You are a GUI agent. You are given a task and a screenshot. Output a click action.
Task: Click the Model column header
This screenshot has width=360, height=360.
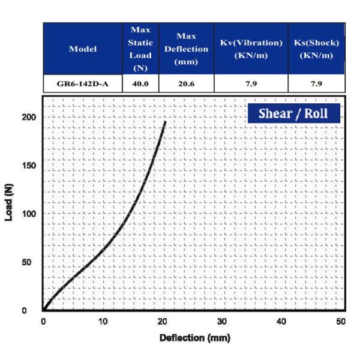click(x=83, y=49)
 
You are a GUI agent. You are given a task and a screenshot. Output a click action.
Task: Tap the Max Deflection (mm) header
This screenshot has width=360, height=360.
click(x=186, y=49)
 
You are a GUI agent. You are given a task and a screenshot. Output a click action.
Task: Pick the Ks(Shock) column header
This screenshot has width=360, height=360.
click(x=316, y=49)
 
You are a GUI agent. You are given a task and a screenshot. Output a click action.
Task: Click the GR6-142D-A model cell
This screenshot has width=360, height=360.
click(x=83, y=83)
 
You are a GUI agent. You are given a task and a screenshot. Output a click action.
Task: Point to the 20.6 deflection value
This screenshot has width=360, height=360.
click(x=186, y=83)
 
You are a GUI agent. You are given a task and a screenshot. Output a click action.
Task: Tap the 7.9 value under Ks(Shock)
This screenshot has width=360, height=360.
click(x=316, y=83)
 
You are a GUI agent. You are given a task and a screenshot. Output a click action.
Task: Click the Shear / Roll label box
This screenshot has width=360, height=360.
click(x=293, y=113)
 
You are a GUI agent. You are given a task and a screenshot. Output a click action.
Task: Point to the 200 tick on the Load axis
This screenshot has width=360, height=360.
click(x=28, y=117)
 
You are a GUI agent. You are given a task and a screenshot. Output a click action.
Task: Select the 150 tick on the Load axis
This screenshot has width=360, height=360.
click(x=28, y=165)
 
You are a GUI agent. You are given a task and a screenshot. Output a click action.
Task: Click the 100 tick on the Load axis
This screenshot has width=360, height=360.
click(x=28, y=214)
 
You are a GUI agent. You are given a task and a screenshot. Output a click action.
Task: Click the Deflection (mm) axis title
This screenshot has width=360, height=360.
click(x=194, y=338)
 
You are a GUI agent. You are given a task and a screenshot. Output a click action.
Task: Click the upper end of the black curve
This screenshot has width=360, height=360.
click(x=165, y=122)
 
